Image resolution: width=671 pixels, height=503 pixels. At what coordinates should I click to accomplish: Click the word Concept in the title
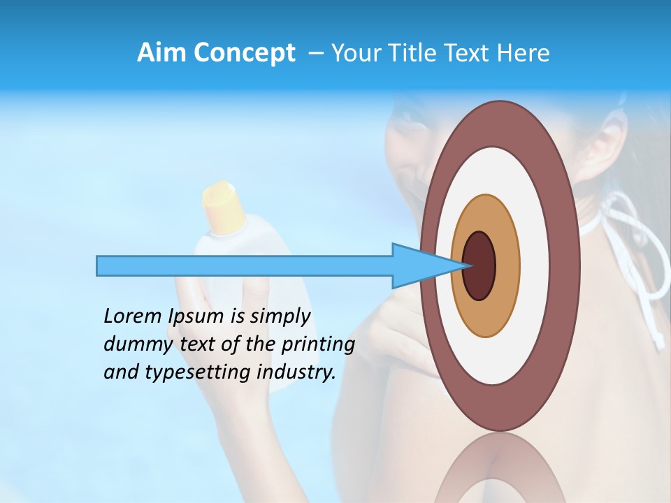click(245, 54)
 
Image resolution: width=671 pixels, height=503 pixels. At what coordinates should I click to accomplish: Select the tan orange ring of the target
click(507, 265)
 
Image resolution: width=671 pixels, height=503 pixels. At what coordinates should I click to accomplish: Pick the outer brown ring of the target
click(568, 265)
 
